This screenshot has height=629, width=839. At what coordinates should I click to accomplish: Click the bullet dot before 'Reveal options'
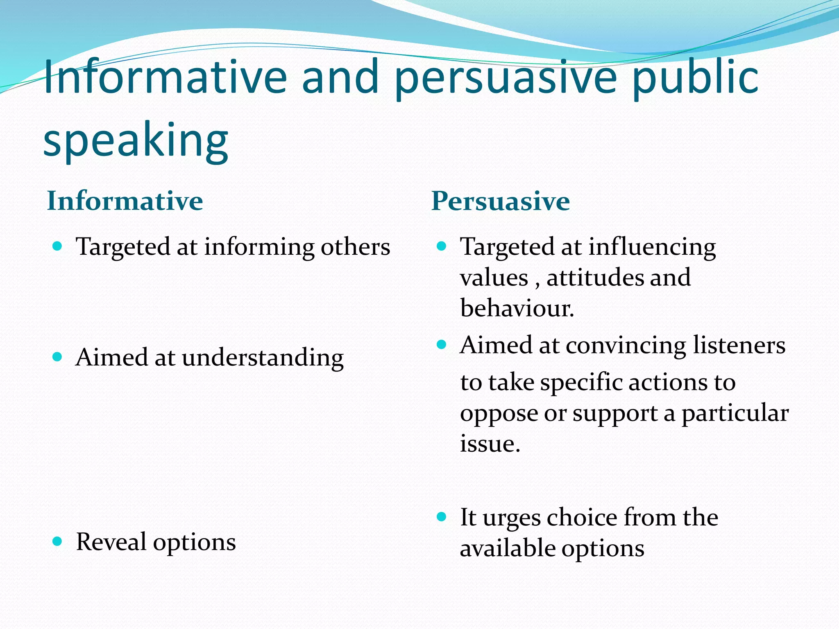click(x=57, y=542)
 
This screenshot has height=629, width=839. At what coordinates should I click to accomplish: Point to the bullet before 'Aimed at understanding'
click(x=57, y=357)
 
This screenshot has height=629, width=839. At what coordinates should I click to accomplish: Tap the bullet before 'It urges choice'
click(x=441, y=517)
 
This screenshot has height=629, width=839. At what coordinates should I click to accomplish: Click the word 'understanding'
click(x=263, y=358)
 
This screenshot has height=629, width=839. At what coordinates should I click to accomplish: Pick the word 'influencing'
click(x=652, y=247)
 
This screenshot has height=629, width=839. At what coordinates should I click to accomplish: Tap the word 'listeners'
click(x=739, y=345)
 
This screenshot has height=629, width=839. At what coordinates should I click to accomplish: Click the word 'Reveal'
click(x=111, y=542)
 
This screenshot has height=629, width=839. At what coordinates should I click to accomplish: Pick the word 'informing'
click(x=259, y=247)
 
